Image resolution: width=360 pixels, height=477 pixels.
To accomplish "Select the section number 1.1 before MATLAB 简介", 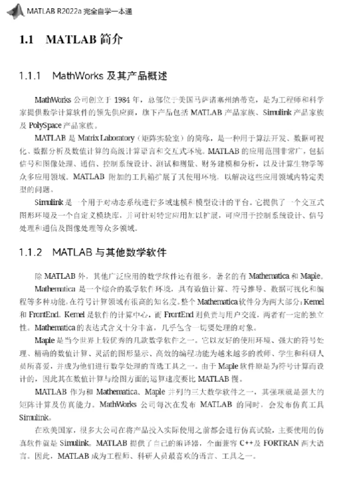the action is pos(27,41).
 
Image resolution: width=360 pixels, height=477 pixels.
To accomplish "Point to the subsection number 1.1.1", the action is pos(31,77).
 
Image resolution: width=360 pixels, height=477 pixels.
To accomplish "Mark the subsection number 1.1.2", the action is pos(31,252).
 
